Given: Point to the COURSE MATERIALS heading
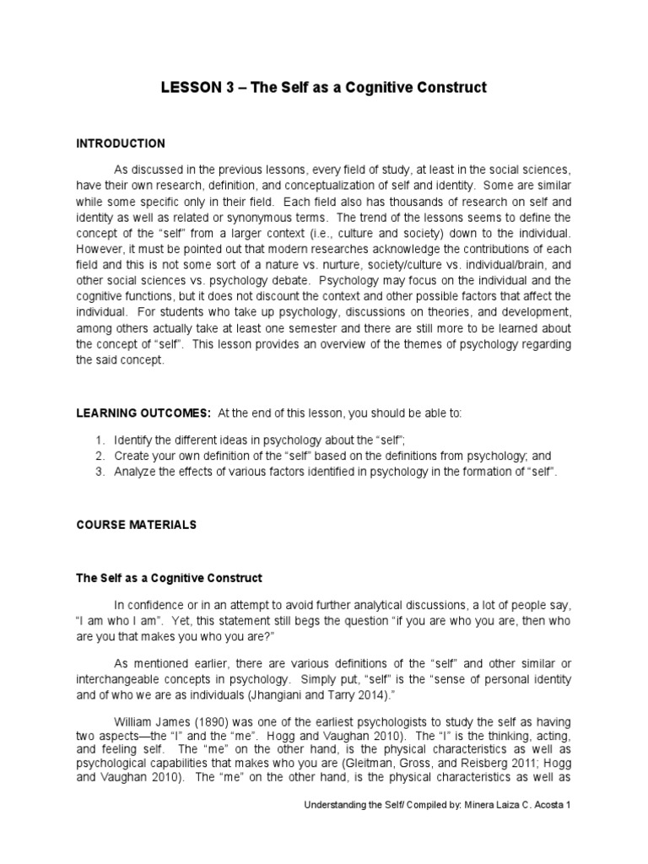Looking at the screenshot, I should point(136,525).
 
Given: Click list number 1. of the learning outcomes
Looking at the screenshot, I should point(100,440).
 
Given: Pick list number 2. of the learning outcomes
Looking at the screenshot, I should point(100,456).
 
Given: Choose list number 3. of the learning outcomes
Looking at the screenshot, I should point(100,471).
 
